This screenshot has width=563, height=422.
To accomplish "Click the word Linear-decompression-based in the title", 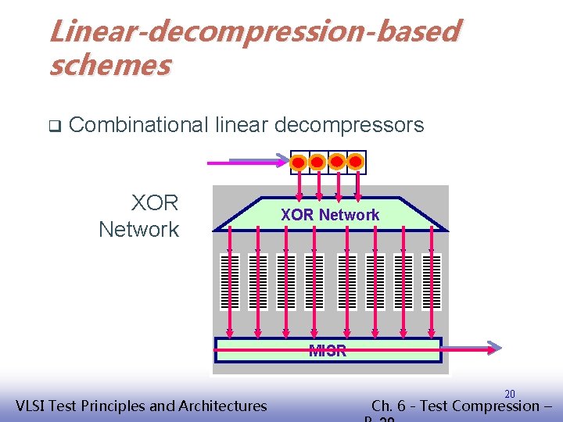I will (x=254, y=32).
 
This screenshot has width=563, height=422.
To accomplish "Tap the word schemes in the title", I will (x=109, y=65).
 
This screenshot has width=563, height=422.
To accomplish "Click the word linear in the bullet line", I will (x=239, y=124).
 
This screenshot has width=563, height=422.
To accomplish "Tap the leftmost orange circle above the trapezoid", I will (x=299, y=162).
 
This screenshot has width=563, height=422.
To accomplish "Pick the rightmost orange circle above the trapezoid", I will (x=356, y=162).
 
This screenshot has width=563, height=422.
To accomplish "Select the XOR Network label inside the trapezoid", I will (x=330, y=215).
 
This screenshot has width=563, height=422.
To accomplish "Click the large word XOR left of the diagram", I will (x=155, y=203).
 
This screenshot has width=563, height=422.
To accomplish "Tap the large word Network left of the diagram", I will (x=138, y=230).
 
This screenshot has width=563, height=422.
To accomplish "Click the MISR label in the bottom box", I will (x=328, y=351).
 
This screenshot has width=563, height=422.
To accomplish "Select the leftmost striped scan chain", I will (x=230, y=283).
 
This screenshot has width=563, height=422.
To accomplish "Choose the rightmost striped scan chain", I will (x=431, y=283).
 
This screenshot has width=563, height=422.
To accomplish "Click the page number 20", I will (x=510, y=394).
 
